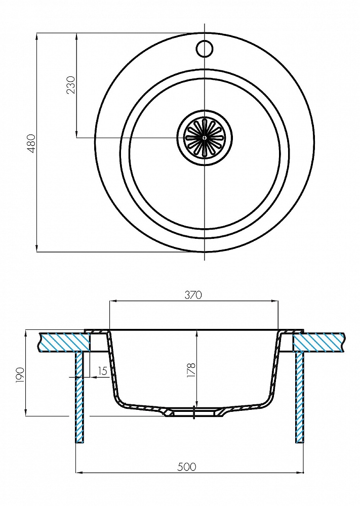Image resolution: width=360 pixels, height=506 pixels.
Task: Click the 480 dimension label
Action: pos(31,144)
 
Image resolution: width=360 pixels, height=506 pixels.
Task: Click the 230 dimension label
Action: pos(71,85)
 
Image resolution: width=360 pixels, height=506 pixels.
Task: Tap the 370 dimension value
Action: pos(193,295)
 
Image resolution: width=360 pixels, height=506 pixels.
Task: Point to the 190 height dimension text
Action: pos(20,375)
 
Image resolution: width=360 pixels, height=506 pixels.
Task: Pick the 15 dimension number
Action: pos(102,371)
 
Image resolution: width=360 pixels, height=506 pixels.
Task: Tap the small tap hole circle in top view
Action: pos(204,48)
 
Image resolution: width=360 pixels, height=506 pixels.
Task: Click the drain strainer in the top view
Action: pos(204,137)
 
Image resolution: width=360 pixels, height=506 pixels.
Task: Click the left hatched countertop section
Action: pos(63,342)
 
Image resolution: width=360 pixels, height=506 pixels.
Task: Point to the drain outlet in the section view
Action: pos(194,412)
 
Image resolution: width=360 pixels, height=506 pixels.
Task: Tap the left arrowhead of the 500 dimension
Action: pos(78,473)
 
